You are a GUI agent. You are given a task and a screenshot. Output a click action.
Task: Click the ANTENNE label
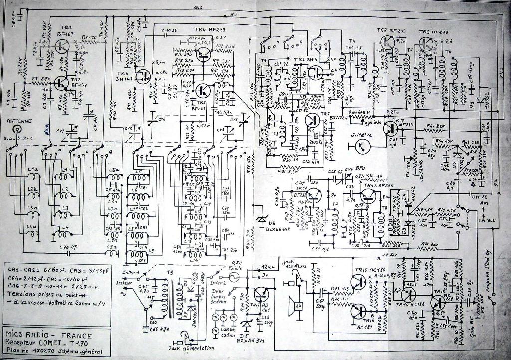pos(18,121)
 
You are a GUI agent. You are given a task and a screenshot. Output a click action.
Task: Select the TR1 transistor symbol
pos(62,46)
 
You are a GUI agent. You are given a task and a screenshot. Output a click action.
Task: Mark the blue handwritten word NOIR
pos(47,132)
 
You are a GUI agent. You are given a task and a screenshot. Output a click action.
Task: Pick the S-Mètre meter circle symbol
pos(357,146)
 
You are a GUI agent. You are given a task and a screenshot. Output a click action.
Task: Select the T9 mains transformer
pos(173,297)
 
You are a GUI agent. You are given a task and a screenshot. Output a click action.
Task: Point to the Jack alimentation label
pos(192,348)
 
